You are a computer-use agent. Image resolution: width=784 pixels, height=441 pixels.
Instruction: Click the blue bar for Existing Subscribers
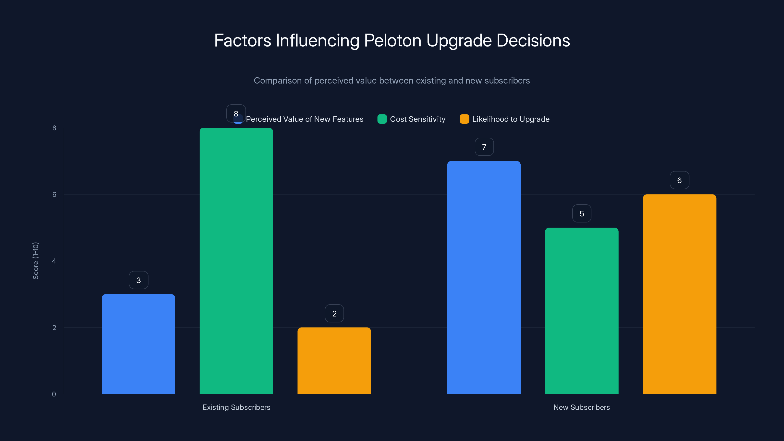pos(138,344)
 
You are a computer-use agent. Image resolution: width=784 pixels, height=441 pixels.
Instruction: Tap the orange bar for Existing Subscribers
pos(334,361)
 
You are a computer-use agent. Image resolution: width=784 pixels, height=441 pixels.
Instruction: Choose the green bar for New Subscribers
pos(582,310)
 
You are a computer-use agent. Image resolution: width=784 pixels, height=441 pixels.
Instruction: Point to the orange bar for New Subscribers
pos(679,294)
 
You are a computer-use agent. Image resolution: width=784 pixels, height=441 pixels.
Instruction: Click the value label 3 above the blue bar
pos(138,280)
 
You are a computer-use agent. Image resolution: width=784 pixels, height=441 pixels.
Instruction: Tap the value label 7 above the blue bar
pos(484,147)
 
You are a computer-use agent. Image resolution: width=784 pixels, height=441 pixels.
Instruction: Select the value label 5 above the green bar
pos(582,214)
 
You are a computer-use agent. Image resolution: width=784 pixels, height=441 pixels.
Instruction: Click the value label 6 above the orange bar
pos(679,180)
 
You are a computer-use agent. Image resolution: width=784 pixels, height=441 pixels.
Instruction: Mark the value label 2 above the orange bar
pos(334,314)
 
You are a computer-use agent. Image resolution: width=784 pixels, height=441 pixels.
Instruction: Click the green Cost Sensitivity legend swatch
pos(382,119)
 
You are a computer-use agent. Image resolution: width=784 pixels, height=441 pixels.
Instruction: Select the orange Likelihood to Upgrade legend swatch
pos(464,119)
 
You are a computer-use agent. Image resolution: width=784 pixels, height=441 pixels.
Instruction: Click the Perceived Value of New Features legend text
pos(304,119)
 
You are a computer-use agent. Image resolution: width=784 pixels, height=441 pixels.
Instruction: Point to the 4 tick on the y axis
pos(54,261)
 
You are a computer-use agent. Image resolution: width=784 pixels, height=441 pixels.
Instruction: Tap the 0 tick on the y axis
pos(54,394)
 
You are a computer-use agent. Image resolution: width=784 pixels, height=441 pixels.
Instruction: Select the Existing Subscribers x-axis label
pos(236,407)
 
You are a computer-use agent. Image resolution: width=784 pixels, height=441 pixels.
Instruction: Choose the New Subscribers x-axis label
pos(581,407)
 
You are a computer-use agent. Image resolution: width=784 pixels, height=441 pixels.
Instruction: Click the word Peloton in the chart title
pos(392,40)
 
